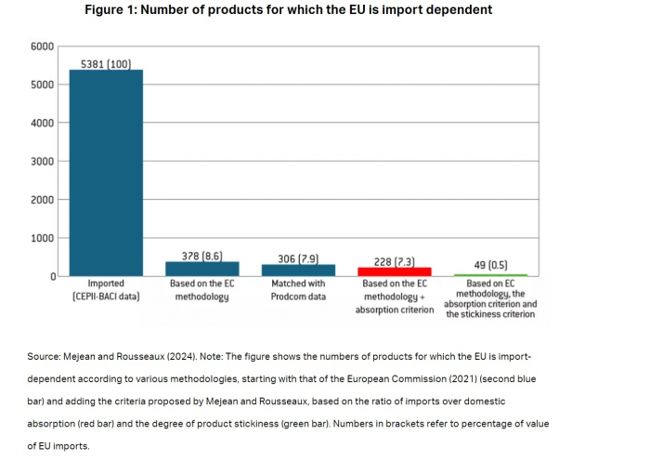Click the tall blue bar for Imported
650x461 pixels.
click(106, 173)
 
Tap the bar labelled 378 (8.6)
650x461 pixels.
click(202, 269)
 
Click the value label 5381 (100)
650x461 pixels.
click(106, 63)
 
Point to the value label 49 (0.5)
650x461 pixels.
click(490, 265)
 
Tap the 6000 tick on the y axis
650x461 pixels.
click(40, 46)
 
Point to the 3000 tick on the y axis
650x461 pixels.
click(40, 161)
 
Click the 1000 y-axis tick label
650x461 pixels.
click(40, 238)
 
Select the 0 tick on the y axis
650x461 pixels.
click(51, 277)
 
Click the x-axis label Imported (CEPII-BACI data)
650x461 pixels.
click(106, 290)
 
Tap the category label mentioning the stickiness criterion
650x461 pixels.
click(490, 299)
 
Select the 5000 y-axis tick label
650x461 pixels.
click(40, 85)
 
